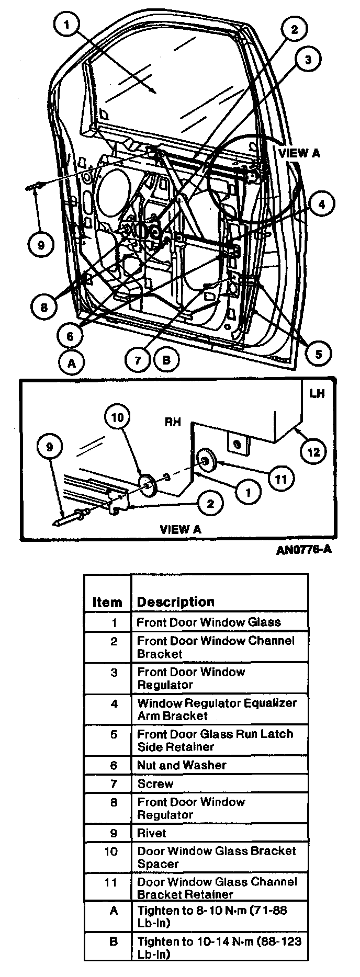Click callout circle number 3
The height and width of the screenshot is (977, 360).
click(308, 60)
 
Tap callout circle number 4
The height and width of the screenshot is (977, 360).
click(322, 205)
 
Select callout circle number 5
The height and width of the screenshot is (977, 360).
click(318, 354)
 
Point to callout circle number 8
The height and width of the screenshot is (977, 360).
click(43, 308)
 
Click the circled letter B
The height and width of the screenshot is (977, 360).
click(166, 360)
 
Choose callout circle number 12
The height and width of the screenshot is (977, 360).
click(313, 452)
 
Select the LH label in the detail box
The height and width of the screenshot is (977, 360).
click(317, 393)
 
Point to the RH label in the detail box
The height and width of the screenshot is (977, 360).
click(173, 421)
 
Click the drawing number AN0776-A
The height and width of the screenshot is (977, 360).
click(305, 550)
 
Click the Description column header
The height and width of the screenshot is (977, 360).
click(176, 601)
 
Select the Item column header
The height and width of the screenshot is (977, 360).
click(107, 602)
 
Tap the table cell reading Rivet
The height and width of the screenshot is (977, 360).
click(152, 833)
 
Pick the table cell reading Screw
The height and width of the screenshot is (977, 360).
click(155, 783)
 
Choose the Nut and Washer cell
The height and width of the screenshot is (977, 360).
click(182, 765)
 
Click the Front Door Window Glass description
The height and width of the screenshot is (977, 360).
click(209, 622)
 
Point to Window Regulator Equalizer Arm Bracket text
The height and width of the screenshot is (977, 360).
click(217, 709)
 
